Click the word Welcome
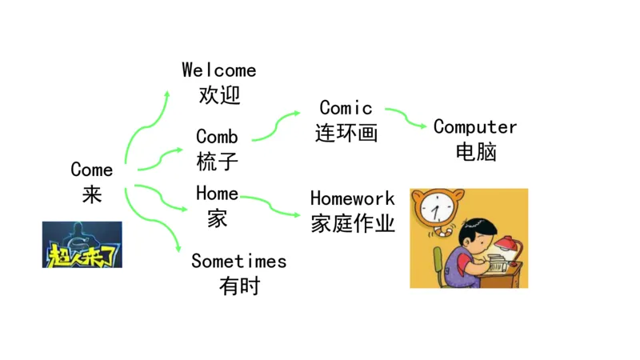coord(218,70)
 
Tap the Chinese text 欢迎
coord(219,95)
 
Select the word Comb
coord(217,137)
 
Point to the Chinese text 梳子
coord(217,162)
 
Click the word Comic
coord(346,108)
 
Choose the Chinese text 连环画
coord(346,133)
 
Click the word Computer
coord(475,127)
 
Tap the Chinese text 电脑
coord(475,152)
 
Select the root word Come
coord(91,170)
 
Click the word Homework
coord(352,198)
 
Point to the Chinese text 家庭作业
coord(352,223)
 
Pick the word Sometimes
coord(238,262)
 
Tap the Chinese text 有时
coord(238,286)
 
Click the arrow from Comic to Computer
coord(406,118)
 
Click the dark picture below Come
coord(82,245)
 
